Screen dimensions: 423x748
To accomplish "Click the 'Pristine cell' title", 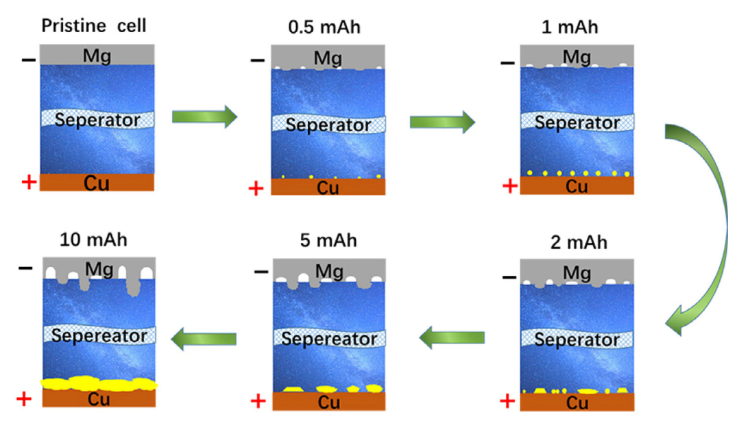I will click(x=95, y=27).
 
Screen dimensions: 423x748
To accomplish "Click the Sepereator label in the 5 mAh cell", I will click(x=329, y=339).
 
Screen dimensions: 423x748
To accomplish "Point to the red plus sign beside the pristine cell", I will click(x=28, y=183).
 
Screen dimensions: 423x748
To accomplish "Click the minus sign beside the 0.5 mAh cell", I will click(x=256, y=60).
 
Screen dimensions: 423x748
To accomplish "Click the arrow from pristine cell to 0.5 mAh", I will click(x=204, y=117).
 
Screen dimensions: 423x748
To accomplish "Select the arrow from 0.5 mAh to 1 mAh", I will click(x=442, y=123).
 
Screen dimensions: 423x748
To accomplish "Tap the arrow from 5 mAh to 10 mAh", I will click(x=204, y=338).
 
